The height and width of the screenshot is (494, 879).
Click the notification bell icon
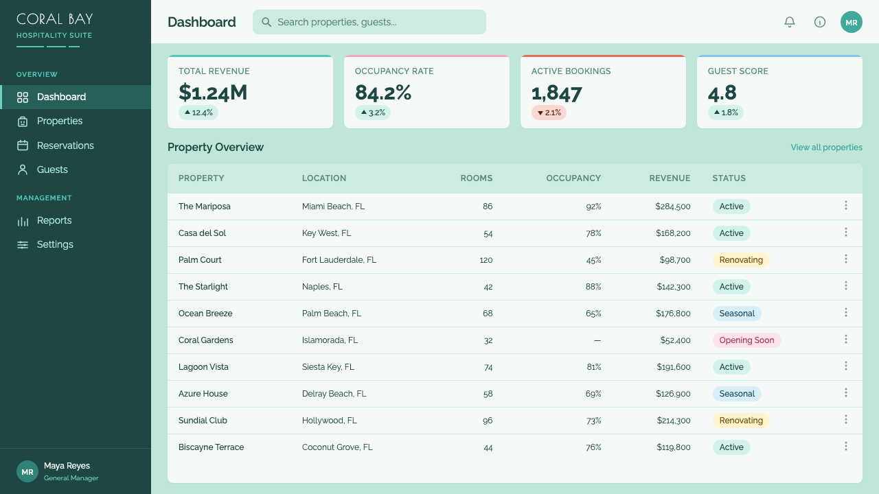790,22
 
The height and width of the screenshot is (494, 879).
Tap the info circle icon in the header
820,22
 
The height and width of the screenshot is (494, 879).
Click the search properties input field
369,22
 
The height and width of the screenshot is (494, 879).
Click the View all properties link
826,148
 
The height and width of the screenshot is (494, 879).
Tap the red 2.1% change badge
549,113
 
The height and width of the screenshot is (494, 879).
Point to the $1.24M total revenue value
213,93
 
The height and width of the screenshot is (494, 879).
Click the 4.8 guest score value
722,93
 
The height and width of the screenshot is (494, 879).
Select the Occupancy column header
573,178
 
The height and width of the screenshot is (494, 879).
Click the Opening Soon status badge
746,340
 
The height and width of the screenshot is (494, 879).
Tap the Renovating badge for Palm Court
741,260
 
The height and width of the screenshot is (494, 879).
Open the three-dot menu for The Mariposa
846,205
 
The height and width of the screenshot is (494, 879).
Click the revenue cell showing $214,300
674,421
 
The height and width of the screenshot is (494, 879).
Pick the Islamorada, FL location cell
330,340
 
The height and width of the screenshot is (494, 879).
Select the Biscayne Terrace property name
211,447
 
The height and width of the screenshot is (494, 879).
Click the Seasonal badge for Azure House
737,394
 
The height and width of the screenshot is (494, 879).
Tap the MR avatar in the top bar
851,22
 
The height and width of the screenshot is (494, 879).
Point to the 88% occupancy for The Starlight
593,287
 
